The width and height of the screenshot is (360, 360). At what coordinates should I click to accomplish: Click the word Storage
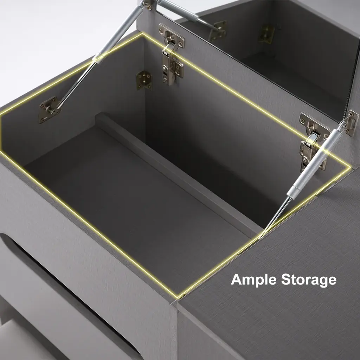click(x=309, y=280)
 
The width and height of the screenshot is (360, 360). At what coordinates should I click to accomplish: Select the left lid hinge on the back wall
click(x=171, y=54)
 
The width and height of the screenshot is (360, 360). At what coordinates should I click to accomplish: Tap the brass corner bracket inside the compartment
click(x=144, y=80)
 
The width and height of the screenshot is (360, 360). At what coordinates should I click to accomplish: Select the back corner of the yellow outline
click(x=142, y=34)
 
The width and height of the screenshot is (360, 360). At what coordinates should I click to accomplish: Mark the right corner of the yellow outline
click(x=351, y=167)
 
